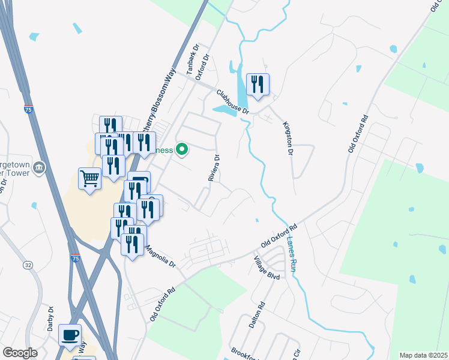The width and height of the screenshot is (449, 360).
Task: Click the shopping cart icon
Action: [x=89, y=178]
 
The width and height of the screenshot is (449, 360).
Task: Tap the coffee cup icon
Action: [x=70, y=335]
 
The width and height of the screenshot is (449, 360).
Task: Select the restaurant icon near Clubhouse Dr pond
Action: [x=258, y=84]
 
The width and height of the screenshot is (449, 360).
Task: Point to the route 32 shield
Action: [x=28, y=265]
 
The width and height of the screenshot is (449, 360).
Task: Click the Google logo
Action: [x=20, y=353]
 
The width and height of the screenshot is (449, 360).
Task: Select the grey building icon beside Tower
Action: [x=39, y=166]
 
